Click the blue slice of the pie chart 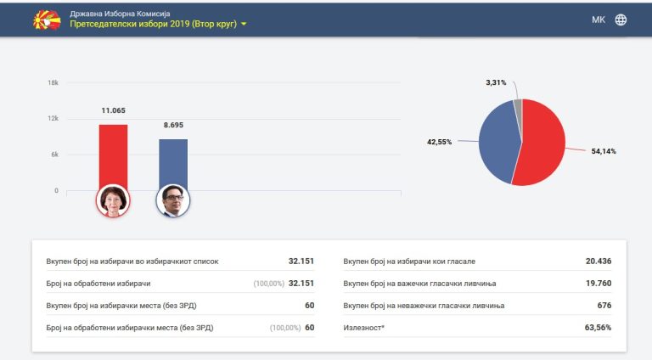498,141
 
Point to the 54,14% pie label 604,151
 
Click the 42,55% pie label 439,142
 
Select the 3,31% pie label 496,82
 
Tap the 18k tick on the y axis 53,82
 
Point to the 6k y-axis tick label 55,155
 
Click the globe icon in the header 621,20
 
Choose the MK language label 599,20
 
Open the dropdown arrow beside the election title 244,24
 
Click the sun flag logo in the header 47,20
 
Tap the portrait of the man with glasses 173,200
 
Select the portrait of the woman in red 113,200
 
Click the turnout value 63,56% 598,328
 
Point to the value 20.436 599,261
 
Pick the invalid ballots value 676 604,306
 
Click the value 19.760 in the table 599,284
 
